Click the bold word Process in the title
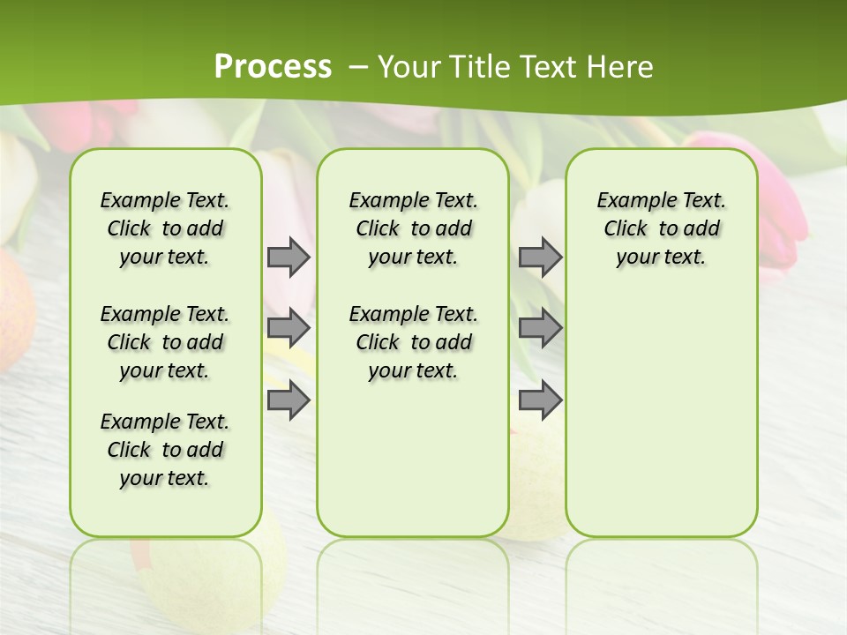[x=273, y=66]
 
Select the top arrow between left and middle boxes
[x=289, y=258]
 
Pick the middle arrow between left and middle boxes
[x=289, y=328]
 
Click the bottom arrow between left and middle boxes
[x=289, y=400]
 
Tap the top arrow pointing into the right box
[x=540, y=258]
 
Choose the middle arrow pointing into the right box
[x=540, y=328]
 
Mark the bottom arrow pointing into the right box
[x=540, y=400]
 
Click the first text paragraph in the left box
[x=165, y=228]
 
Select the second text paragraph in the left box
[x=165, y=342]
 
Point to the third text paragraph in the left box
[x=165, y=450]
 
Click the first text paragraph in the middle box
[x=414, y=228]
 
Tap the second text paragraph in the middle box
[x=414, y=342]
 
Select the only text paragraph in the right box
[x=662, y=228]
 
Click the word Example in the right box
[x=629, y=201]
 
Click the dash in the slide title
[x=359, y=67]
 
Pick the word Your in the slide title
[x=406, y=67]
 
